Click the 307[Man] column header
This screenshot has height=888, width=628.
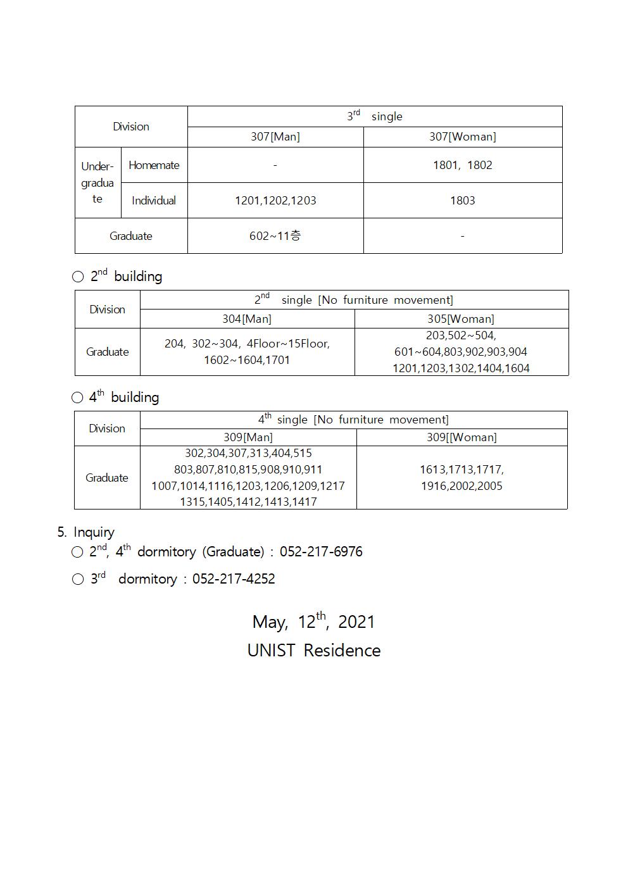click(x=275, y=137)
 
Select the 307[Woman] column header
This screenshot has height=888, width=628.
click(x=462, y=137)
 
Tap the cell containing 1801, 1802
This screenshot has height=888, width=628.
click(x=462, y=165)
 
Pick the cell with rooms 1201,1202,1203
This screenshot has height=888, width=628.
click(x=275, y=201)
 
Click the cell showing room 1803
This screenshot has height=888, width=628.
click(x=462, y=201)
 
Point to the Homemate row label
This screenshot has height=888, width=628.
click(x=154, y=165)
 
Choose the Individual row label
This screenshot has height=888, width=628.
click(x=154, y=201)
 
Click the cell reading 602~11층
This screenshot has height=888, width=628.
click(x=275, y=236)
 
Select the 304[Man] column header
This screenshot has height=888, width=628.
click(x=246, y=319)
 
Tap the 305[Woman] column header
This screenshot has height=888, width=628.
click(x=460, y=319)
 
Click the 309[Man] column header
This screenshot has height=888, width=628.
click(x=248, y=437)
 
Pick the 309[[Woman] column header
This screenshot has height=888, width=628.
click(x=462, y=437)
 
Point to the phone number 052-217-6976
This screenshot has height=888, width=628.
click(x=321, y=552)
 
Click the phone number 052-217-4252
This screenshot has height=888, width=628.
click(x=234, y=579)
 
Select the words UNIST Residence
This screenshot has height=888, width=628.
click(x=314, y=651)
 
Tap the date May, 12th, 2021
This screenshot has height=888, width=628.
click(x=314, y=622)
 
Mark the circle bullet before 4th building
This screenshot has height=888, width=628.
click(x=77, y=397)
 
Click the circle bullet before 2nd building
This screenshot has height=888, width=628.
click(x=78, y=277)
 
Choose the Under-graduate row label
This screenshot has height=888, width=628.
click(x=97, y=183)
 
